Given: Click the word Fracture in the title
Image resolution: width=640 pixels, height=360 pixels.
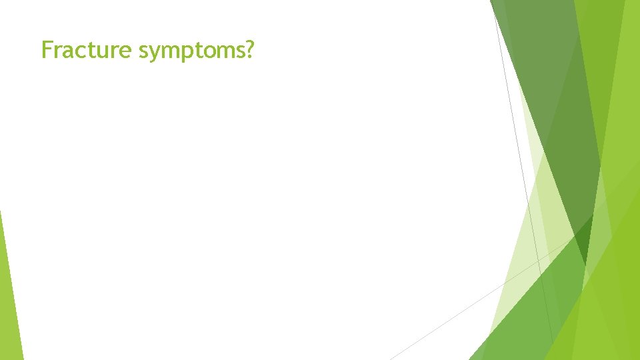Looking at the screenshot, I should tap(87, 49).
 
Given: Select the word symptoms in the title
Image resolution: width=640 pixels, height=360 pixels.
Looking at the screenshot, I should tap(192, 51).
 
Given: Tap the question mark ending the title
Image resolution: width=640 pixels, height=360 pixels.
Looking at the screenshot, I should tap(249, 49).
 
